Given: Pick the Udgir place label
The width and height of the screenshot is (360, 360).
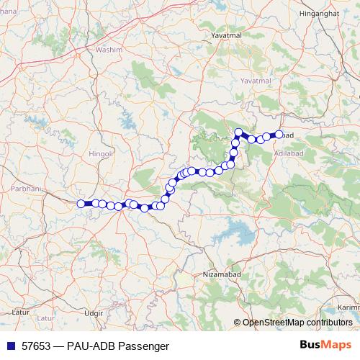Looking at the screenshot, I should [x=94, y=313].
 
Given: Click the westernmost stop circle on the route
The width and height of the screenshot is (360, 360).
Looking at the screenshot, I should [x=81, y=203].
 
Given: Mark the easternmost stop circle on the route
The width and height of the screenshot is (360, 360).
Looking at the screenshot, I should [x=279, y=134].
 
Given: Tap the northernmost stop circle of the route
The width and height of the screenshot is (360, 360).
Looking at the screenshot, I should [x=238, y=132].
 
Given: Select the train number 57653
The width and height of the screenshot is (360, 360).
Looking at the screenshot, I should [x=36, y=346].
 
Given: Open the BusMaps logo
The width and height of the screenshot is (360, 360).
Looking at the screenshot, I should [x=325, y=345].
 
